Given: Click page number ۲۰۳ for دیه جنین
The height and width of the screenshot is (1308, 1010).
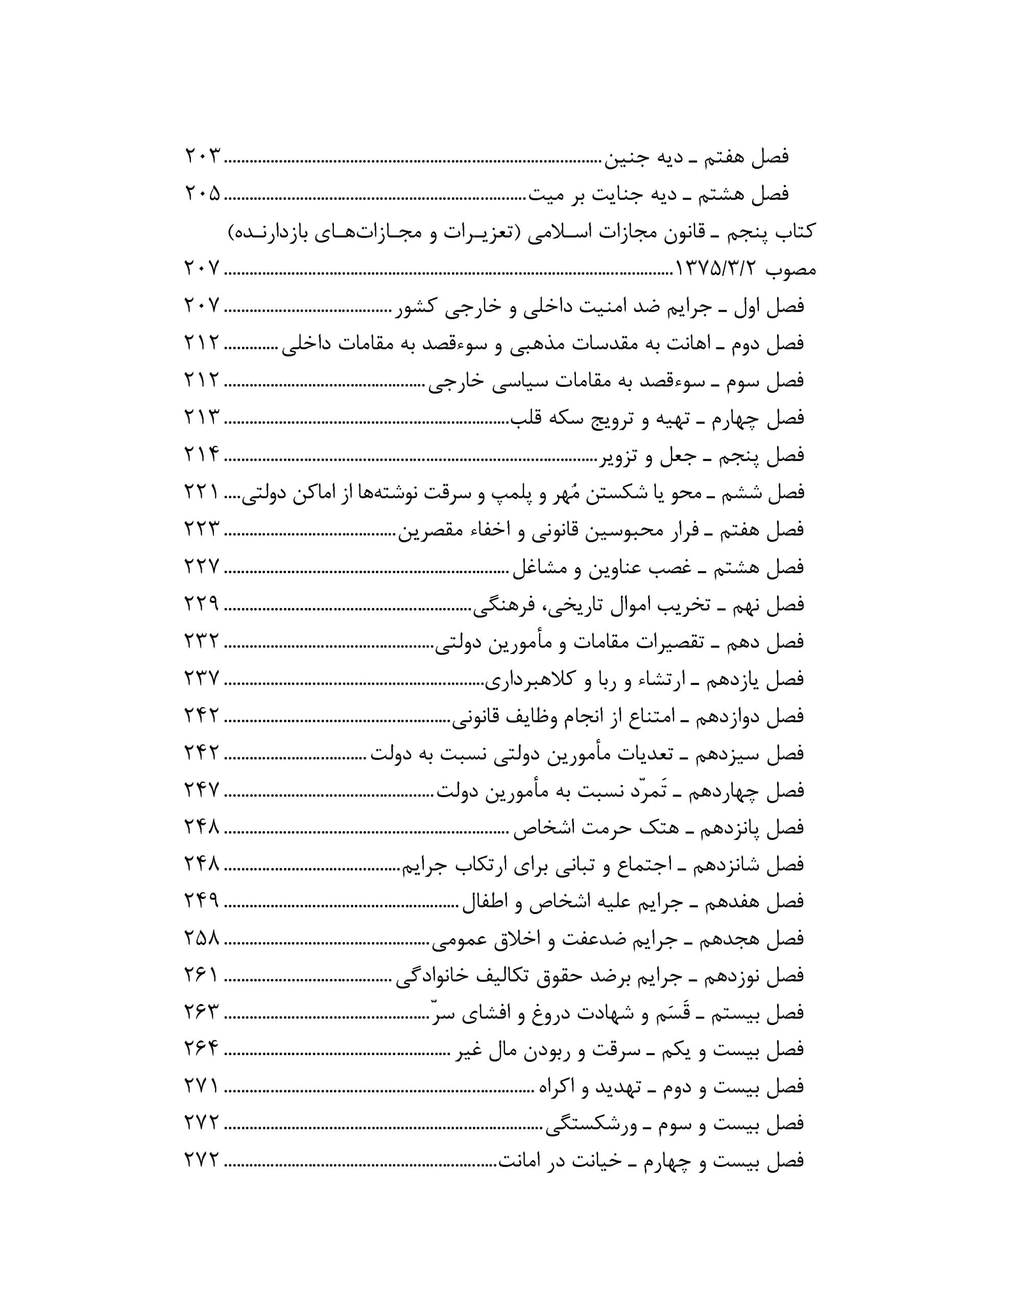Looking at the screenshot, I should pos(202,157).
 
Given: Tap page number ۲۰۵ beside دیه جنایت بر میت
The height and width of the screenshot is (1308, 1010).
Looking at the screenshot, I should pos(202,194).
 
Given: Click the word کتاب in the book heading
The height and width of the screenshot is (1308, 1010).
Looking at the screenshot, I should pos(792,232).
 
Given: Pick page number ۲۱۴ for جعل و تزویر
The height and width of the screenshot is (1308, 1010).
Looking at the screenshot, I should pos(202,456).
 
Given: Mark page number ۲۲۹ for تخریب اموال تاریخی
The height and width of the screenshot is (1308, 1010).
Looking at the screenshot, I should pos(202,605).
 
